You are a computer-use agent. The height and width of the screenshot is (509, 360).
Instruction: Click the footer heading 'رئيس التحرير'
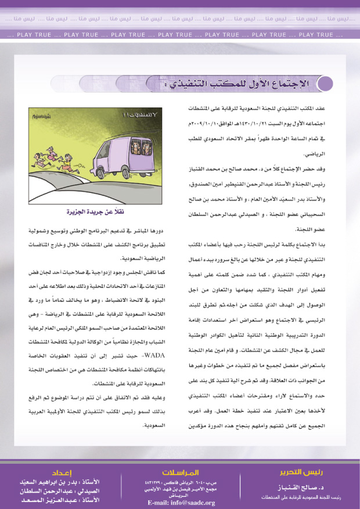[x=301, y=471]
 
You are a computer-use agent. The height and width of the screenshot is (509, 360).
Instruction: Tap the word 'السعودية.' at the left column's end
[x=154, y=425]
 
